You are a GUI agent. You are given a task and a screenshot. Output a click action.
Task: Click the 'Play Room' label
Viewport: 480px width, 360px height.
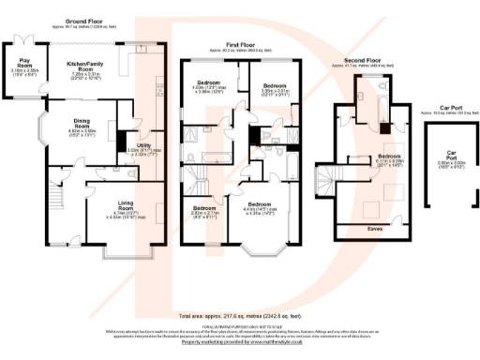[22, 65]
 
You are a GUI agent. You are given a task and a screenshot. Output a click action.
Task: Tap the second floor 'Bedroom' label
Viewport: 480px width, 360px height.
[389, 157]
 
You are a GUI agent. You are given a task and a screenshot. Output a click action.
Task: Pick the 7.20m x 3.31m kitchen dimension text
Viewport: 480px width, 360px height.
[85, 75]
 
